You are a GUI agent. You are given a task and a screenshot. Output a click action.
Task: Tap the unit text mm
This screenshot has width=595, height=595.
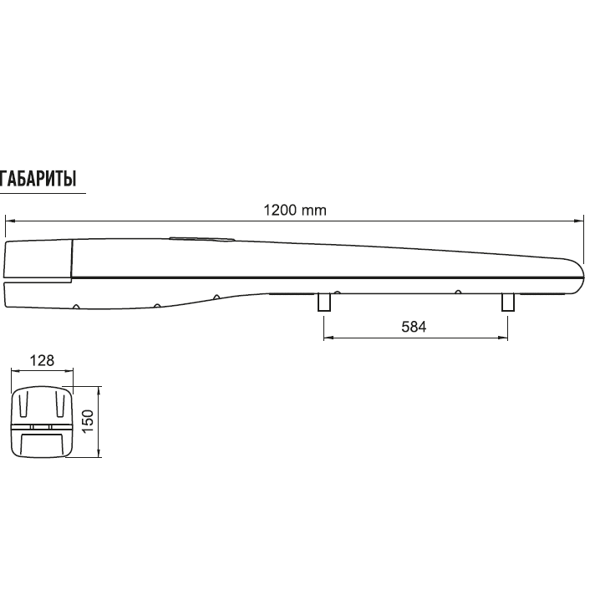pos(314,210)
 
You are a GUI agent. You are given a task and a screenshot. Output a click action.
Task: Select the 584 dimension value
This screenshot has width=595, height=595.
pos(414,328)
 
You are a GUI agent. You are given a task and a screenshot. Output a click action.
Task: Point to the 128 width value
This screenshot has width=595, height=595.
pos(42,361)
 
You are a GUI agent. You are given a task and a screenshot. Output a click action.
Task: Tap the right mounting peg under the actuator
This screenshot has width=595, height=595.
pos(506,303)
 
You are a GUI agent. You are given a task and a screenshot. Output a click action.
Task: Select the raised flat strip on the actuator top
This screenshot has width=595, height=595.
pos(201,238)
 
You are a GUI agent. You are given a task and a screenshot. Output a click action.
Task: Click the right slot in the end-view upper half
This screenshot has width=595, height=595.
pos(59,406)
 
